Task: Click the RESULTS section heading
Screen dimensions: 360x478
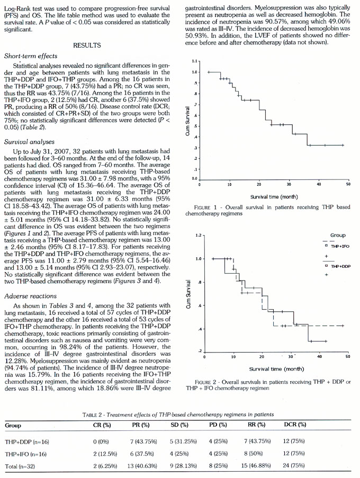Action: tap(87, 46)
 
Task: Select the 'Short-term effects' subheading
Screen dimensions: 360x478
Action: tap(31, 56)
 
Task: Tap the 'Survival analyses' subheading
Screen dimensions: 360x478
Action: tap(29, 142)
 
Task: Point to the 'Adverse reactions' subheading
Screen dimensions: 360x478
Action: tap(31, 296)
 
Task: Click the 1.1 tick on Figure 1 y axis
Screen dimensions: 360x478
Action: tap(194, 61)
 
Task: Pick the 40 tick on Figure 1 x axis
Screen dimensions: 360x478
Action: tap(319, 184)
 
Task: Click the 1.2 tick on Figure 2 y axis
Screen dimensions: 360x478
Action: tap(199, 236)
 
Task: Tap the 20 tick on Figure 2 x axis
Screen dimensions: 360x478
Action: tap(262, 356)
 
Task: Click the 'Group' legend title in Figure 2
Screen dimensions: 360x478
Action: tap(338, 236)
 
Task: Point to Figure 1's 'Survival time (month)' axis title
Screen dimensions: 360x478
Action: tap(274, 197)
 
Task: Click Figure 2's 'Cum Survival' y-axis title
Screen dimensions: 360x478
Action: tap(188, 294)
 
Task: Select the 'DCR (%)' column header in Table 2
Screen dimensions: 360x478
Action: tap(295, 425)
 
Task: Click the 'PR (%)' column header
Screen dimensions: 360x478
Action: tap(141, 425)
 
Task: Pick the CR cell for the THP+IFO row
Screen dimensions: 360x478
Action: tap(105, 454)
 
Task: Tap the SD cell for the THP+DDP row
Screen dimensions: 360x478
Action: tap(183, 441)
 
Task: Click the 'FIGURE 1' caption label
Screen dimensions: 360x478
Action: tap(205, 208)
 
